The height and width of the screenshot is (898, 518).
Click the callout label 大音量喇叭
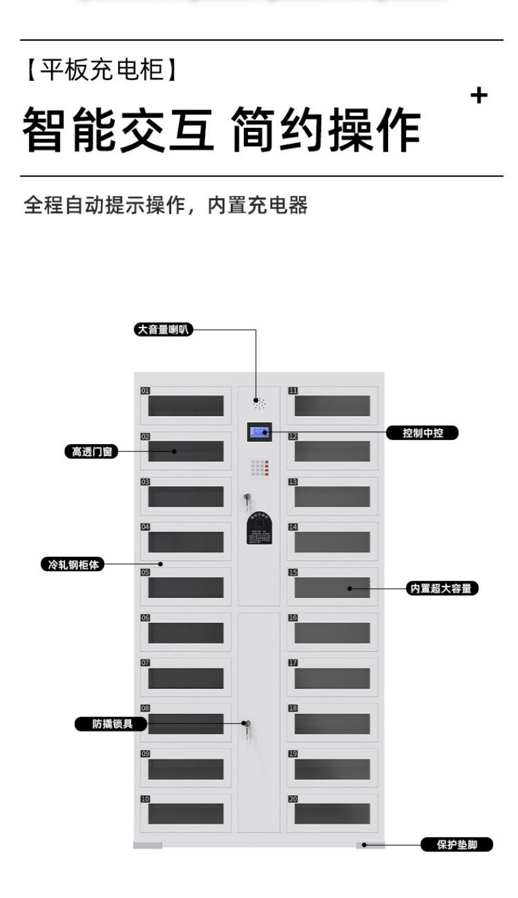click(x=163, y=330)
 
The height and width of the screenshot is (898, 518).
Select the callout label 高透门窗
click(x=91, y=451)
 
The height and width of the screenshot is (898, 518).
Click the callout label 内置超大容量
click(x=441, y=588)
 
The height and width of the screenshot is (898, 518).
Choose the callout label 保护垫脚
click(x=456, y=845)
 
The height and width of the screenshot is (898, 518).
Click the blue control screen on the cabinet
click(x=259, y=432)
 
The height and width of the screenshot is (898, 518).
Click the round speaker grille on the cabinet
click(x=259, y=402)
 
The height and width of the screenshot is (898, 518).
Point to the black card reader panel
click(x=259, y=529)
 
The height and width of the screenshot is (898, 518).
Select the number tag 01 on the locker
click(x=145, y=391)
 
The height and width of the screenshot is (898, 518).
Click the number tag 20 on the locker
click(x=292, y=799)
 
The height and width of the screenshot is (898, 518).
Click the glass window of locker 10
click(x=186, y=814)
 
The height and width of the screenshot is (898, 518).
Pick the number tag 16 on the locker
click(x=292, y=618)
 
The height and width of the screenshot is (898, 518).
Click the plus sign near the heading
click(x=479, y=96)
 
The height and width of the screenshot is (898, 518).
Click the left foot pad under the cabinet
click(x=148, y=845)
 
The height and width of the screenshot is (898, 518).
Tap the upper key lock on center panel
click(x=247, y=499)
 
